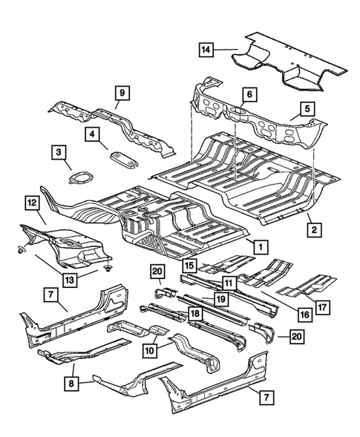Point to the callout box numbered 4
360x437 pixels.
click(x=92, y=135)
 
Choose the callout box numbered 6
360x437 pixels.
click(x=249, y=95)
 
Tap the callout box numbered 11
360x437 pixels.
click(x=228, y=283)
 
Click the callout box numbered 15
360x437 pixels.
click(x=190, y=265)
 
